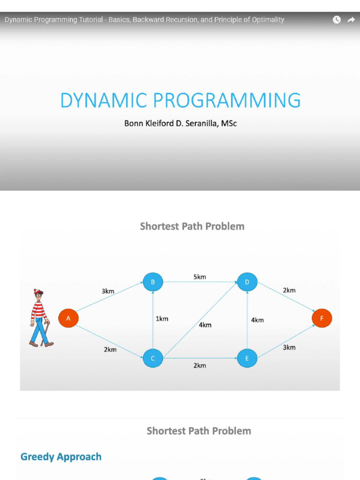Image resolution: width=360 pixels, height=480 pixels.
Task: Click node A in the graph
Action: [68, 318]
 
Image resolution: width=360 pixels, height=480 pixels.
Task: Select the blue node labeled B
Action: [153, 282]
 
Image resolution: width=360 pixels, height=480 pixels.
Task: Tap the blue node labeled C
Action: [153, 359]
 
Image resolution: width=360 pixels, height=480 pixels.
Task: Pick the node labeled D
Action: [247, 282]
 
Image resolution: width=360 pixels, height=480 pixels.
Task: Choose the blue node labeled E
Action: [247, 359]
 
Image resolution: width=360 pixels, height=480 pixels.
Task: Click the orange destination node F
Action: [322, 318]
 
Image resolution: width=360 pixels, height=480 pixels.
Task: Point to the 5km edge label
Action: [200, 277]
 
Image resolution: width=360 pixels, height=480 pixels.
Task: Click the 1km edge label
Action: [162, 319]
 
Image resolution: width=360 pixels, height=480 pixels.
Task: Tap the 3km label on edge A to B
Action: [108, 291]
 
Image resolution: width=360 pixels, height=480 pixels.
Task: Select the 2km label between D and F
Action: [289, 290]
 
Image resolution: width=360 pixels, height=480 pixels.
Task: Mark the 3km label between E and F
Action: [289, 347]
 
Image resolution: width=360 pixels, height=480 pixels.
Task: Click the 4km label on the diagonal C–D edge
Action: [205, 325]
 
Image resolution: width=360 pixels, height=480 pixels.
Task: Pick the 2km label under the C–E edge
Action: [200, 365]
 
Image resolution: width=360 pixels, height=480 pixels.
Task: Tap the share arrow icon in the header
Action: [351, 20]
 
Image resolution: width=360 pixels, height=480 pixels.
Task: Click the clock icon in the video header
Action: [337, 20]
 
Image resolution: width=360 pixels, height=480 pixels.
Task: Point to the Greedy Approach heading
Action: [61, 457]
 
